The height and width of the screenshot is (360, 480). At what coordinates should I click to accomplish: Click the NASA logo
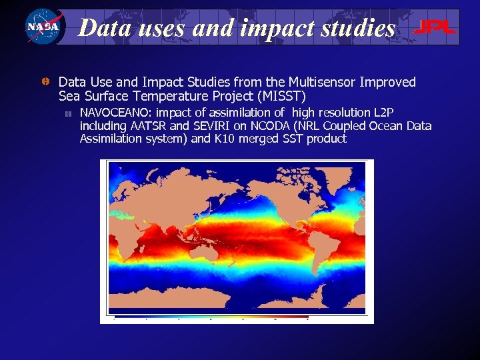(43, 27)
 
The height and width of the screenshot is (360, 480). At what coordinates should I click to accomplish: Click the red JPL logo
(435, 27)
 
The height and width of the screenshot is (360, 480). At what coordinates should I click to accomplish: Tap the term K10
(225, 139)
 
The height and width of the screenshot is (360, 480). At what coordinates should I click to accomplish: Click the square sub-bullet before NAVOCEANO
(67, 113)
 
